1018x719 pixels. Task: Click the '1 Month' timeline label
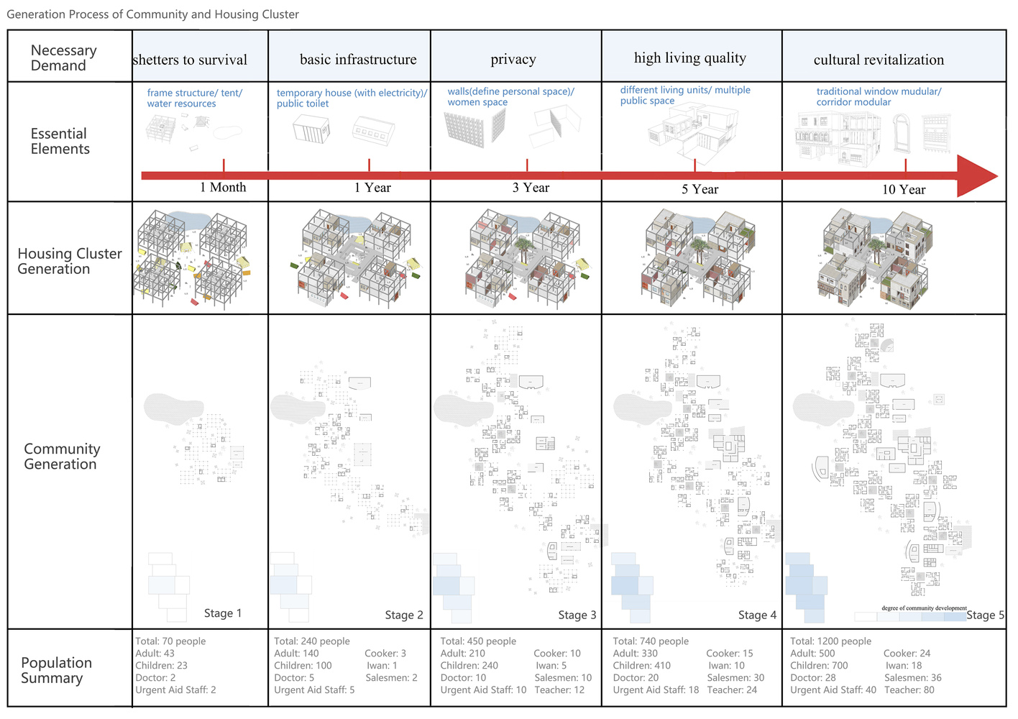coord(223,188)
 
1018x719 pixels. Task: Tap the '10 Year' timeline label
coord(904,190)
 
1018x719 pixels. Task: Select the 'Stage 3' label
coord(577,615)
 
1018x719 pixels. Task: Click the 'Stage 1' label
coord(223,613)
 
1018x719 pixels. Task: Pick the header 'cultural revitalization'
coord(879,60)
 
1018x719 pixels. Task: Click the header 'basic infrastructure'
coord(358,60)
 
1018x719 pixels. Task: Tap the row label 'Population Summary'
coord(56,670)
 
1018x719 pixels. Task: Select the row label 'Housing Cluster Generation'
coord(69,261)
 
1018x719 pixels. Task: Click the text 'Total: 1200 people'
coord(830,641)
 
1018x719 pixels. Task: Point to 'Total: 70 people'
coord(170,641)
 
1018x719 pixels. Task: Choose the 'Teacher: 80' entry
coord(909,690)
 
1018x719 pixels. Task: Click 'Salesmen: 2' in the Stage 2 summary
coord(391,678)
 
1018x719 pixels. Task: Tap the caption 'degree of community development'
coord(924,608)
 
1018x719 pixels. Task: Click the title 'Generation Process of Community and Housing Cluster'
coord(152,14)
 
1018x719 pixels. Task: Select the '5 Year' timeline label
coord(700,190)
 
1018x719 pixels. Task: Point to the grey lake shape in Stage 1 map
coord(173,408)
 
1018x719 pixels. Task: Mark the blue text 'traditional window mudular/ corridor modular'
coord(879,96)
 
